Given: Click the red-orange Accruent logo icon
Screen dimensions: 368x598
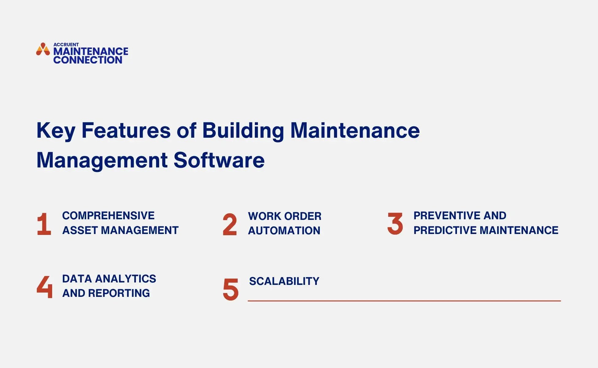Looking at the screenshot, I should click(x=43, y=49).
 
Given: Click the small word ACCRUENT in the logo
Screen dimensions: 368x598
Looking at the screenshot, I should click(x=66, y=44).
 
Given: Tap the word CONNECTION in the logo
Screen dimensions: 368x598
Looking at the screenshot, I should click(x=88, y=60).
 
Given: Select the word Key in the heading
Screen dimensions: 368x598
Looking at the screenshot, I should click(x=56, y=131).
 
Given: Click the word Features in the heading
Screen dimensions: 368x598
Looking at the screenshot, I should click(x=126, y=131).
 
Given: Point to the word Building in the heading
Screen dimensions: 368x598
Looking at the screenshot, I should click(x=243, y=131).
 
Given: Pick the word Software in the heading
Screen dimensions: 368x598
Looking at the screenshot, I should click(x=219, y=160).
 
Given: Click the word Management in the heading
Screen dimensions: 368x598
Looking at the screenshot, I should click(x=102, y=160).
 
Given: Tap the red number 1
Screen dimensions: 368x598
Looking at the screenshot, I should click(x=44, y=224).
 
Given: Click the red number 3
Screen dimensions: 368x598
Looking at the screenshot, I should click(x=395, y=224).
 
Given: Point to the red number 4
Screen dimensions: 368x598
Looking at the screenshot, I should click(x=44, y=287).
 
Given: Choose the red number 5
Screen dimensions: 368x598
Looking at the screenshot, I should click(x=231, y=289).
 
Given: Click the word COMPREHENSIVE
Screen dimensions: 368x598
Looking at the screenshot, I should click(x=108, y=216).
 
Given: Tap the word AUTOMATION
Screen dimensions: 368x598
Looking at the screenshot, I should click(x=284, y=231).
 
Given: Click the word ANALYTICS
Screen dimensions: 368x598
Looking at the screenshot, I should click(x=125, y=279).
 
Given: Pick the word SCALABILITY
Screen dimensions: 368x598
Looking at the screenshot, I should click(x=284, y=281).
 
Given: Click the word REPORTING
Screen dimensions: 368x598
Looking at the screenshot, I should click(x=119, y=293).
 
